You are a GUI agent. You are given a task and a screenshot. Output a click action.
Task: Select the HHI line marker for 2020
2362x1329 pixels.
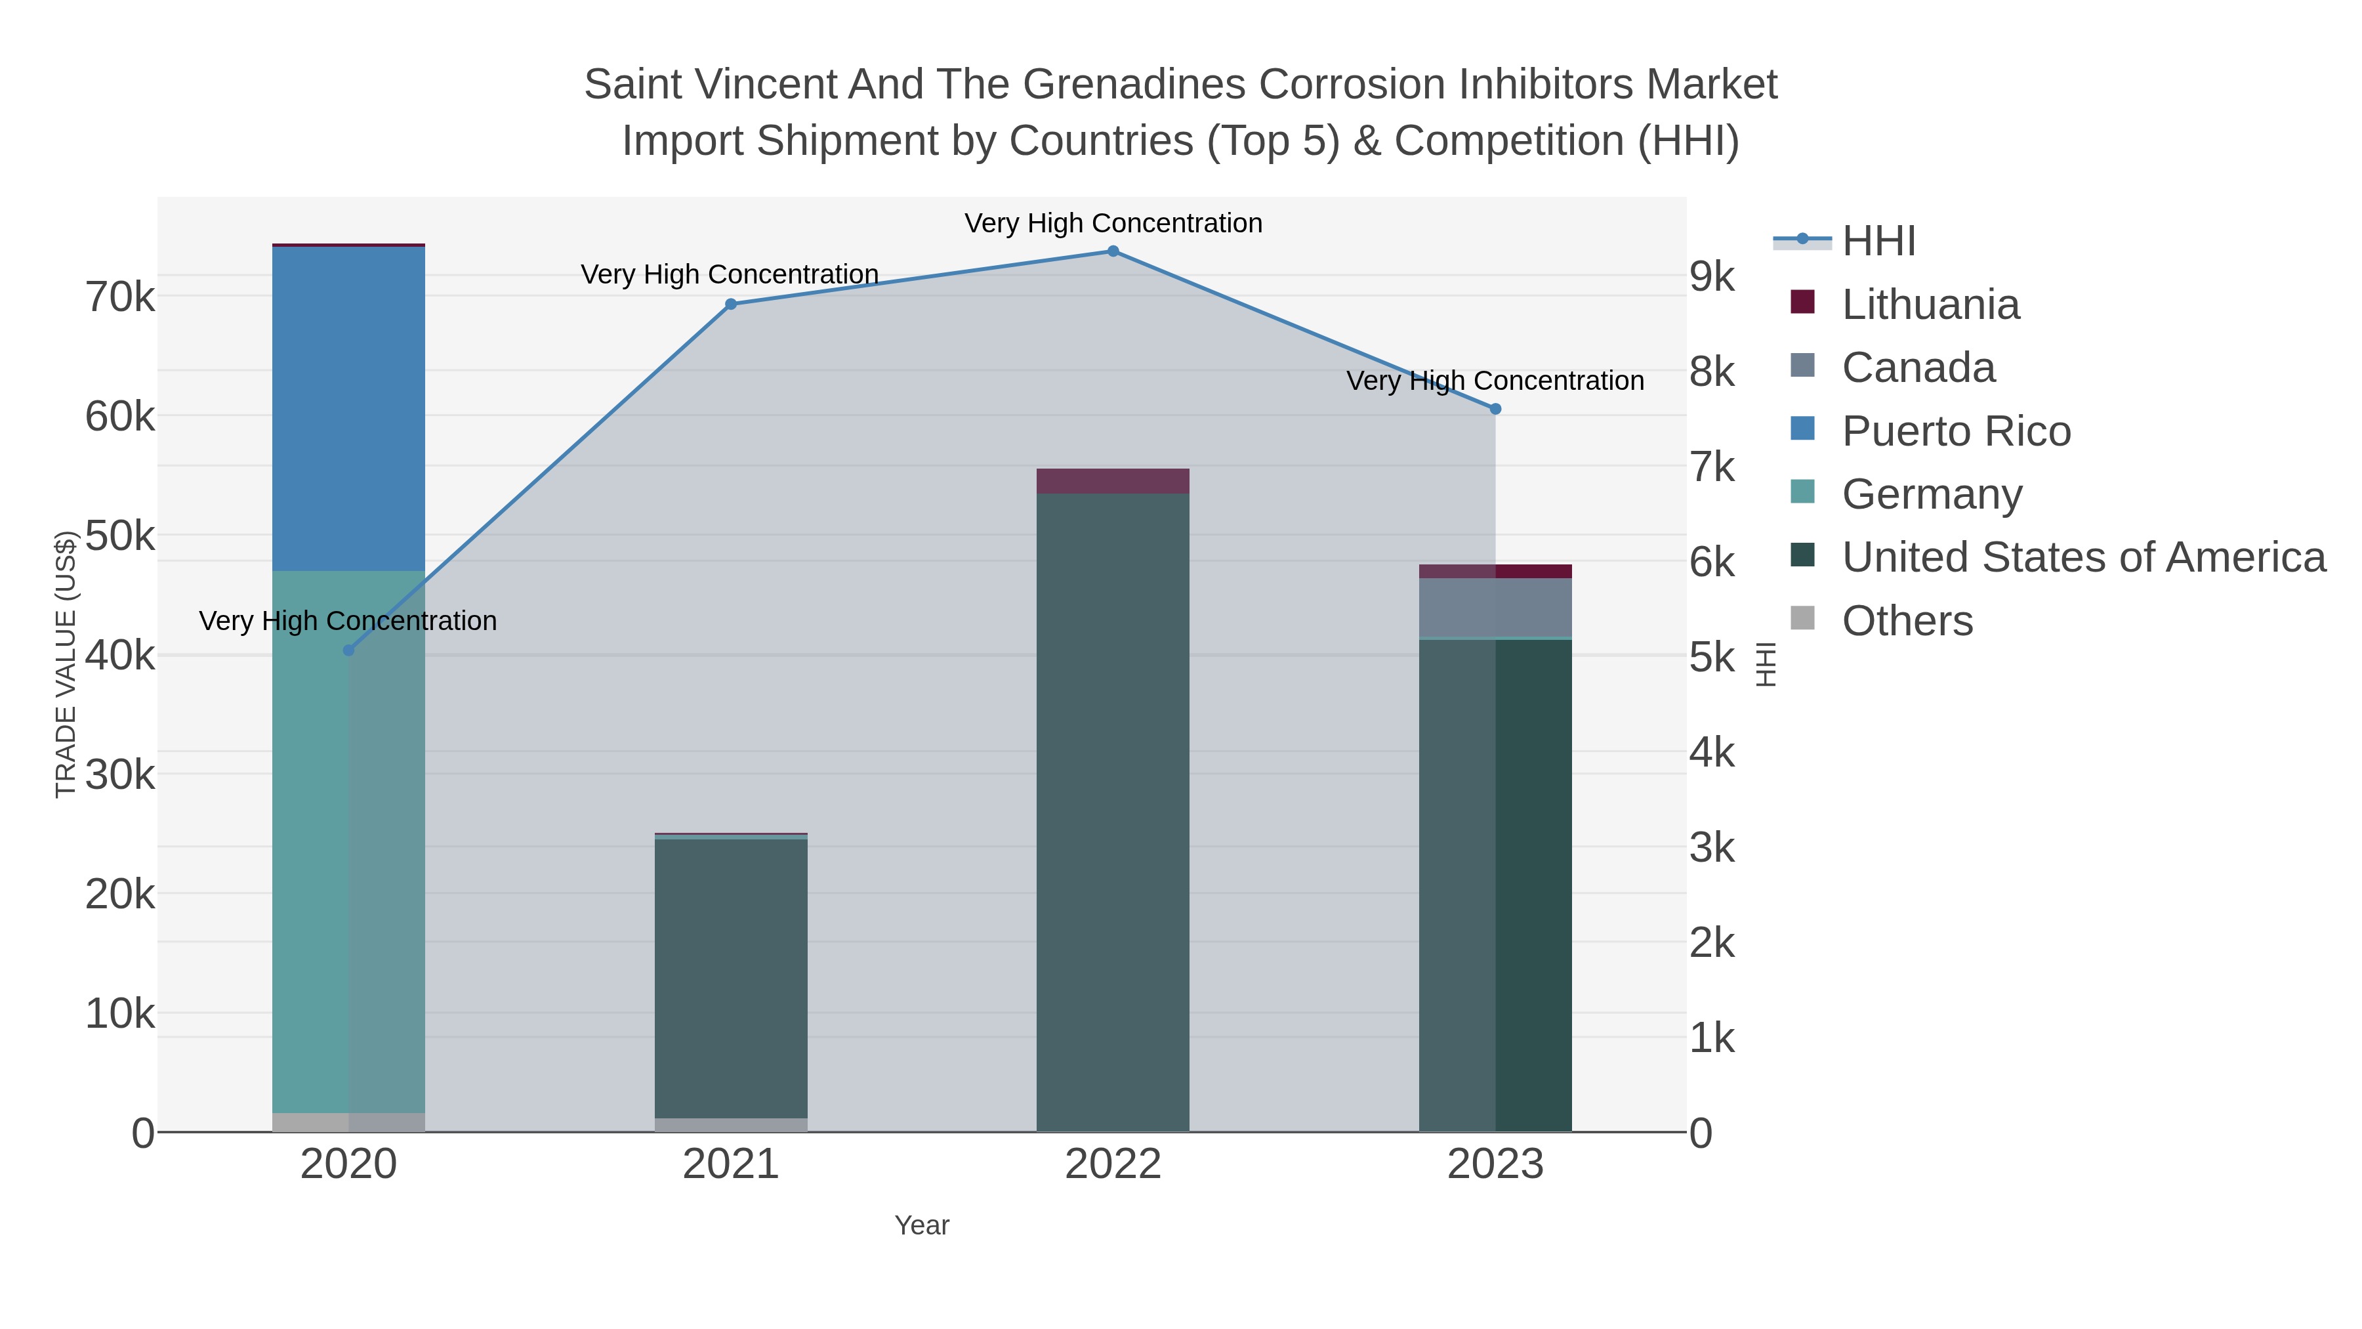click(x=348, y=650)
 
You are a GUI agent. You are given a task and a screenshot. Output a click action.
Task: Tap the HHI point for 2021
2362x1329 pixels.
click(x=731, y=305)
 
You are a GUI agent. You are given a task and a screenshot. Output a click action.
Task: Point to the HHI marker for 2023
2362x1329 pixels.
click(x=1495, y=409)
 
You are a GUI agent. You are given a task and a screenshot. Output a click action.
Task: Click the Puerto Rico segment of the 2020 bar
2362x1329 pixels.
click(x=348, y=408)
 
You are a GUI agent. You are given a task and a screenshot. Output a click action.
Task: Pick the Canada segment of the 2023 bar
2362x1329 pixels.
click(x=1495, y=607)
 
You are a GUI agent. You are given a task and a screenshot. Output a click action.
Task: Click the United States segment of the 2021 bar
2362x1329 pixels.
click(x=731, y=977)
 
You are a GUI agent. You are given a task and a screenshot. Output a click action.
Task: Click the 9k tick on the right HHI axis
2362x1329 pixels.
click(x=1712, y=276)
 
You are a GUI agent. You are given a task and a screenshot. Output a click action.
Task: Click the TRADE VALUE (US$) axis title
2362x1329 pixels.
click(x=65, y=664)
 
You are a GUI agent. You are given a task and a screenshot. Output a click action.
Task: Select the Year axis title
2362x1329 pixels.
click(x=922, y=1225)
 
